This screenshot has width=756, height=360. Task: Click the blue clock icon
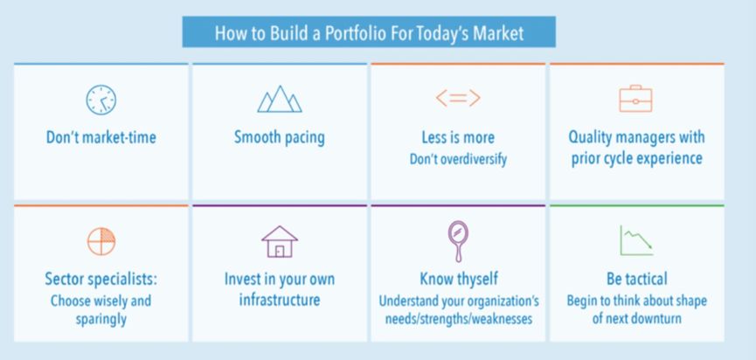coord(101,100)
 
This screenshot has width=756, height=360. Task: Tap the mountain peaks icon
coord(280,99)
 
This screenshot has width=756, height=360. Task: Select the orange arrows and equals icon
coord(458,99)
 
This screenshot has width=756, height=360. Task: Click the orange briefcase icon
coord(636,99)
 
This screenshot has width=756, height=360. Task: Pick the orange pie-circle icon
coord(101,241)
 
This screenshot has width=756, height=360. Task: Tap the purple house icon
coord(280,241)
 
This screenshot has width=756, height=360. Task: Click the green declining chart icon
coord(636,240)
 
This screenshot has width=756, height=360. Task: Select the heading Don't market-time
coord(101,137)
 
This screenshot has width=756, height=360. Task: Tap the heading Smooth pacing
coord(280,137)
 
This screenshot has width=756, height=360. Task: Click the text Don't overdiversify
coord(458,159)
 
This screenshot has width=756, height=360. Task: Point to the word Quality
coord(591,138)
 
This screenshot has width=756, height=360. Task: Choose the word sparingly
coord(101,320)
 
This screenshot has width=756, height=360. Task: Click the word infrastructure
coord(280,300)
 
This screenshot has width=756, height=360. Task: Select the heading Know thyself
coord(459,279)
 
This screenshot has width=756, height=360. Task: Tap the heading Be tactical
coord(637,279)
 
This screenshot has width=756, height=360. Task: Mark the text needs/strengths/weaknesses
coord(459,319)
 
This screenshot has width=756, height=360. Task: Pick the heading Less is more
coord(458,138)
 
